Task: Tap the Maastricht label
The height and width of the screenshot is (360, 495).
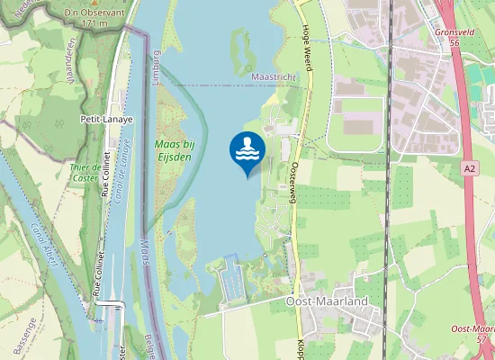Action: [x=274, y=78]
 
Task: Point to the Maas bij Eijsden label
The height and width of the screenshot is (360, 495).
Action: [x=175, y=148]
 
